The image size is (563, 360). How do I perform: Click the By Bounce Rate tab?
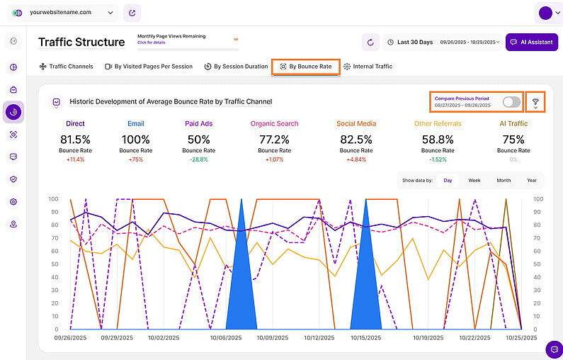(305, 67)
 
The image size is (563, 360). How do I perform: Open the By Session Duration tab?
(236, 67)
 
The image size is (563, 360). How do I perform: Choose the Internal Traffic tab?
(368, 67)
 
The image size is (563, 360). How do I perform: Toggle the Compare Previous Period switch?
(511, 102)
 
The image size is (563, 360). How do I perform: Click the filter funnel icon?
(535, 103)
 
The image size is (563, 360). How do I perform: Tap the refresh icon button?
(370, 43)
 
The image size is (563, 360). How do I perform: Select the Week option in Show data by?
(474, 181)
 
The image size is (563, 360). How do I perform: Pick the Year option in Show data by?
(531, 181)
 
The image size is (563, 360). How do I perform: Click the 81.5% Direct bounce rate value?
(75, 139)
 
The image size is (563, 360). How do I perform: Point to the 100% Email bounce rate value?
(135, 139)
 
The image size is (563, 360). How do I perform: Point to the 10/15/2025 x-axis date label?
(365, 338)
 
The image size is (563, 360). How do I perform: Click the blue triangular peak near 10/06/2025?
(239, 283)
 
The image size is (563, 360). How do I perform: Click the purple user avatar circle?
(545, 13)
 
